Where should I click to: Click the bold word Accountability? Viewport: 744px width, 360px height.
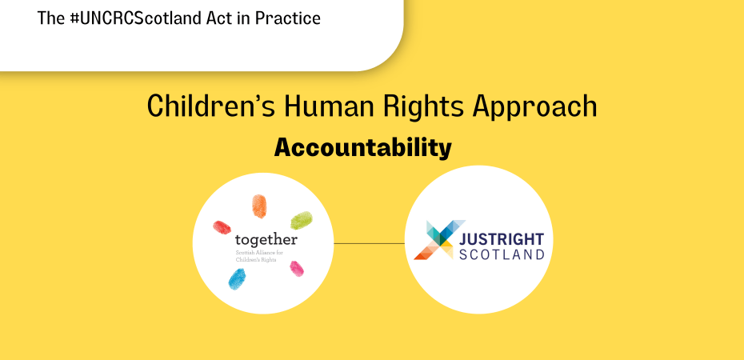click(x=363, y=148)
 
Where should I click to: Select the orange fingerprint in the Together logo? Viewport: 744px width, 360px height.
click(x=258, y=206)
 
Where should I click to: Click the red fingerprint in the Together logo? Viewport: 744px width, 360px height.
click(x=222, y=227)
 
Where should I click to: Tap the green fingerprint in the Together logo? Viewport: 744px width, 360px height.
click(x=301, y=220)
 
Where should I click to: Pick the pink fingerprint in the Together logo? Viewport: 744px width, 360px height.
click(x=297, y=269)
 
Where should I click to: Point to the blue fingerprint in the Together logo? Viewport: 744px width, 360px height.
click(x=237, y=278)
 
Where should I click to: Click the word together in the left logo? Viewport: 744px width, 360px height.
click(x=266, y=240)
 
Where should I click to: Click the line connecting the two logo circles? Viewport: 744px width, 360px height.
click(x=368, y=243)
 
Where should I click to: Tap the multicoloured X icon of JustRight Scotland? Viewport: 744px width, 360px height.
click(x=434, y=241)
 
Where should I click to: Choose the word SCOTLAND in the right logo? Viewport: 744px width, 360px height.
click(x=502, y=254)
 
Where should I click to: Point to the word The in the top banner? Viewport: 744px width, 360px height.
click(x=50, y=18)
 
